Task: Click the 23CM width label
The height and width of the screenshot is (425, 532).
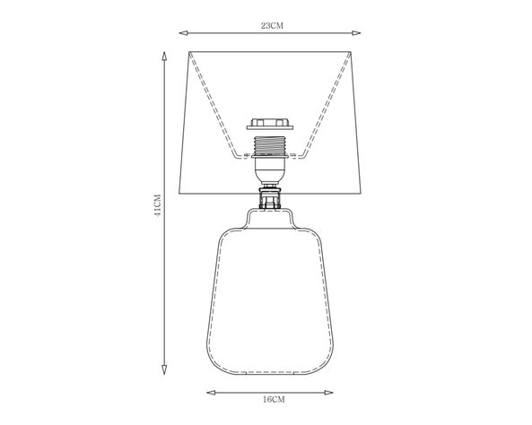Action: point(272,26)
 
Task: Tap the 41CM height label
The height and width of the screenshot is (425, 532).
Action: point(157,205)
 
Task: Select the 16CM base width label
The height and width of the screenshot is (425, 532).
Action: point(274,399)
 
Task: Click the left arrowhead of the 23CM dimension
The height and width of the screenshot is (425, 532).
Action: point(184,33)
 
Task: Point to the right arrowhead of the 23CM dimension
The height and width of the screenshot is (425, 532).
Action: point(356,33)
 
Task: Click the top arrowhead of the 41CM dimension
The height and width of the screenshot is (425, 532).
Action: point(164,56)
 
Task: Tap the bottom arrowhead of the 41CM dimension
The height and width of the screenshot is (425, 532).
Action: point(164,369)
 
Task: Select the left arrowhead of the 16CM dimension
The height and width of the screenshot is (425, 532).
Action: point(211,393)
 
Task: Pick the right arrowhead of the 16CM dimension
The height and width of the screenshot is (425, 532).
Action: point(328,393)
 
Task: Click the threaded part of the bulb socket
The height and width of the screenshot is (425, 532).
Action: point(270,144)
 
